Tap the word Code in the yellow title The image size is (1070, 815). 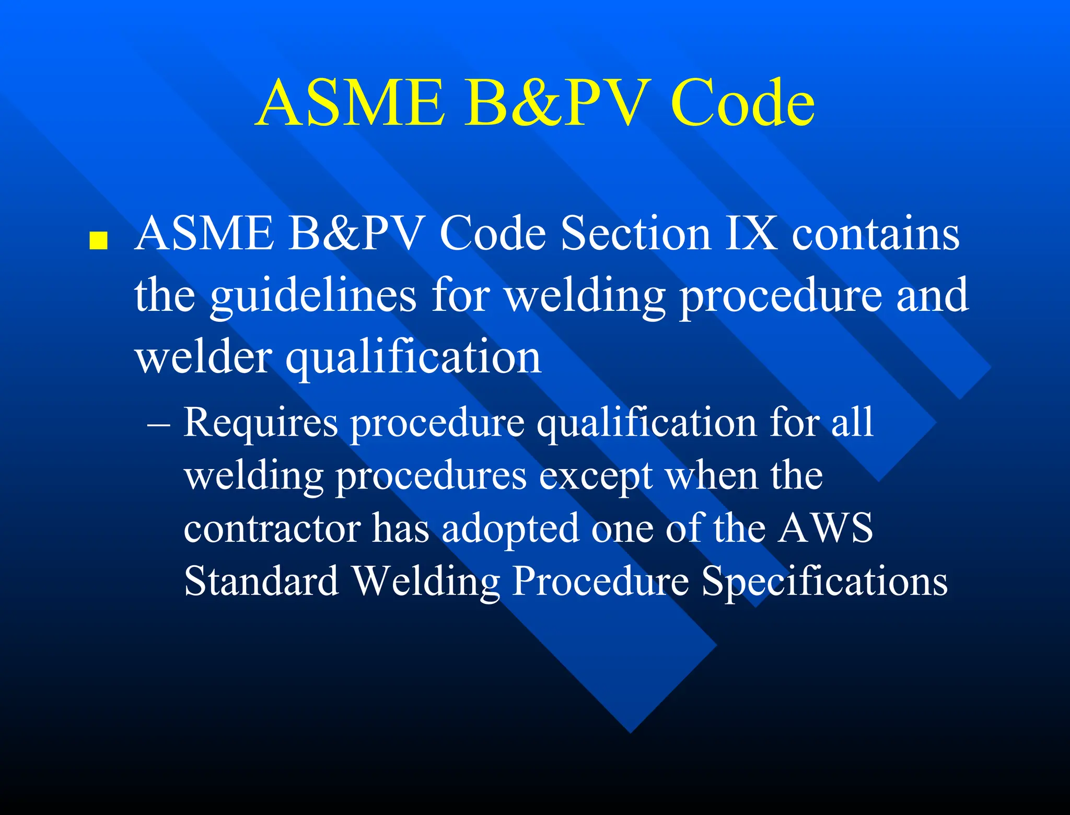click(x=742, y=102)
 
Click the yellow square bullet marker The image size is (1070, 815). click(x=98, y=241)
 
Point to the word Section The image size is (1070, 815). click(x=635, y=234)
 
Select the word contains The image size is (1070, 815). click(x=876, y=234)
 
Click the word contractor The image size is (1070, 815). click(x=272, y=528)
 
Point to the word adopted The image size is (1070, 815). click(x=510, y=528)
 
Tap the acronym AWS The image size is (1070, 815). click(x=825, y=528)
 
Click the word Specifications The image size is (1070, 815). click(x=824, y=581)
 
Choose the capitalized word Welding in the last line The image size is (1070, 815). click(x=426, y=581)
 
